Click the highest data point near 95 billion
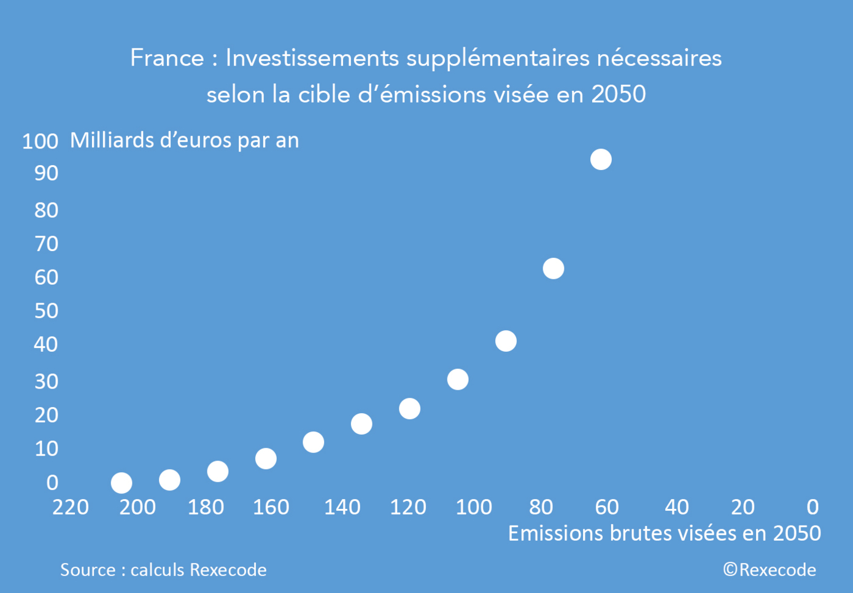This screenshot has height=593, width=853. [x=601, y=160]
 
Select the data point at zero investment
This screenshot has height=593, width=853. [x=122, y=483]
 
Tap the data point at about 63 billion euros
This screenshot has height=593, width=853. [x=554, y=268]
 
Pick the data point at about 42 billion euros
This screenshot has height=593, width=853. [x=506, y=341]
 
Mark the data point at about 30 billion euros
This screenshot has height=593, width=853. [x=458, y=379]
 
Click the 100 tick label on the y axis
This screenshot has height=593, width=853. [x=40, y=142]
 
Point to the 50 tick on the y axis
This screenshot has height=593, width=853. [x=46, y=311]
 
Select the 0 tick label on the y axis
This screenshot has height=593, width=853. [x=52, y=483]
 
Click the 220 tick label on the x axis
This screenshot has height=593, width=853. [x=71, y=508]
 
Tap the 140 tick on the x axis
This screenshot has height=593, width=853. [x=342, y=508]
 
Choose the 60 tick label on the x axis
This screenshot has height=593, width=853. [x=607, y=508]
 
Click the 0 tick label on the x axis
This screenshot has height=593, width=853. [x=812, y=508]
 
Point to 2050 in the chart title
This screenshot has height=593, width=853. [x=619, y=95]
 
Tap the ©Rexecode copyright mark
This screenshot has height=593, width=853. [x=770, y=570]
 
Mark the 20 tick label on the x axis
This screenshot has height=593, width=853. [x=743, y=508]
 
